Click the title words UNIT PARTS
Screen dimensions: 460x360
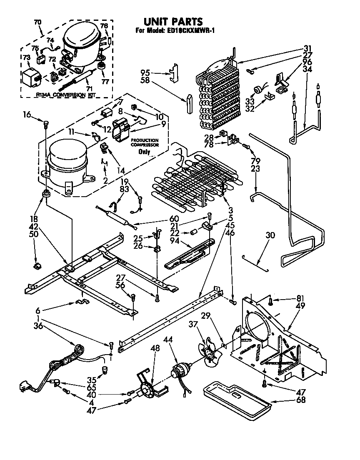coord(173,21)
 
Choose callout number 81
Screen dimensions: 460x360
coord(301,298)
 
